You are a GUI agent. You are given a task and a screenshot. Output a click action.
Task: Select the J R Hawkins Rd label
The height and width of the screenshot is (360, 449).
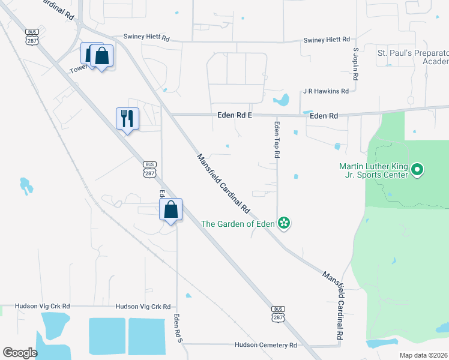point(326,91)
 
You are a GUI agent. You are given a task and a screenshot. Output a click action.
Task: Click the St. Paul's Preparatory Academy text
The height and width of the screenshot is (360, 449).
point(412,57)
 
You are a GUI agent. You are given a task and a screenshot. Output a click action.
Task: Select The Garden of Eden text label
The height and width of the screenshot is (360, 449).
point(237,224)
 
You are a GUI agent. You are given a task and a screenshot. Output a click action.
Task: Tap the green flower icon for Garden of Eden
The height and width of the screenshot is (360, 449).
point(284,224)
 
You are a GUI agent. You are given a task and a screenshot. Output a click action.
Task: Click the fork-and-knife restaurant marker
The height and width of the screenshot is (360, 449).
point(127,118)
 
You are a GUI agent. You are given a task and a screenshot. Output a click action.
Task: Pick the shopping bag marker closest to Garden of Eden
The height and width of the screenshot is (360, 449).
point(171,209)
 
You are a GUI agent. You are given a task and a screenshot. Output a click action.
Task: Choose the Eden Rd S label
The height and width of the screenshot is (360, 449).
point(178,329)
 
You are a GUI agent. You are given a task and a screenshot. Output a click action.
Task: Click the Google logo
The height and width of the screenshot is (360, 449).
point(20,353)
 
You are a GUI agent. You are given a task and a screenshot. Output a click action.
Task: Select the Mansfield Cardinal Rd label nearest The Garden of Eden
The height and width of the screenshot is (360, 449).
point(223,184)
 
